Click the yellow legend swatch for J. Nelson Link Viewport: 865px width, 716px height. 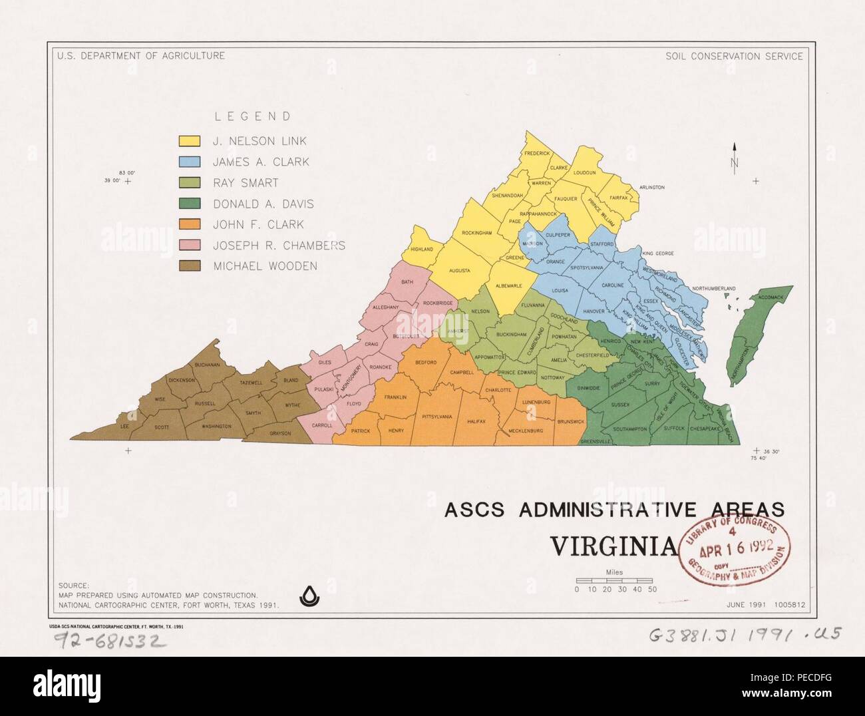[x=190, y=141]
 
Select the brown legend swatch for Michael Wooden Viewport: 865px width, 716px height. [x=190, y=266]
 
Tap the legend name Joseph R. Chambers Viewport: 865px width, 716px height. [x=278, y=246]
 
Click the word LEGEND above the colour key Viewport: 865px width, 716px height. [x=252, y=116]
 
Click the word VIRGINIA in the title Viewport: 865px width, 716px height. [x=613, y=546]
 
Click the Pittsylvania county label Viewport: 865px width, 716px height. [x=436, y=417]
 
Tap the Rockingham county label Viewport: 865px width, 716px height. [x=476, y=233]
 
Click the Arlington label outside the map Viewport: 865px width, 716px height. [x=651, y=188]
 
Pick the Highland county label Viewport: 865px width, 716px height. [x=422, y=249]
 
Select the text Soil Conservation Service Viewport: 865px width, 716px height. [x=734, y=56]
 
